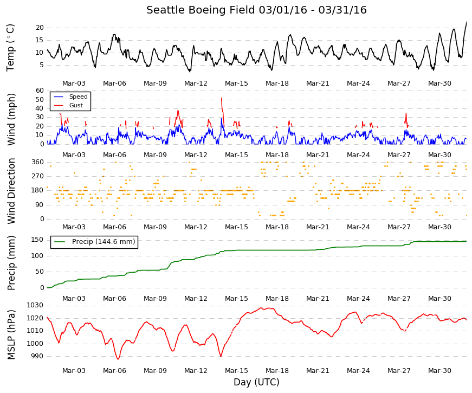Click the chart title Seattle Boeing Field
[201, 10]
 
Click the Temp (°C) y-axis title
[10, 48]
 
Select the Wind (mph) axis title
[11, 119]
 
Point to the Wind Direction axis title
[11, 191]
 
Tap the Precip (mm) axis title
[11, 263]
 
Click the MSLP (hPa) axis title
[11, 334]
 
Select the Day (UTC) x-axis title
[256, 382]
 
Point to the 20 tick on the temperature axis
[40, 28]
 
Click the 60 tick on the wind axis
[40, 91]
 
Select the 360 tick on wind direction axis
[37, 162]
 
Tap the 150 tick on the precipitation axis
[37, 240]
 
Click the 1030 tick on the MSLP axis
[35, 305]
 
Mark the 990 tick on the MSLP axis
[37, 356]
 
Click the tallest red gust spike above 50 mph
[222, 99]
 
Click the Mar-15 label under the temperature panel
[236, 83]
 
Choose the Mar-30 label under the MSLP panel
[439, 371]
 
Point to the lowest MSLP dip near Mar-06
[118, 359]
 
